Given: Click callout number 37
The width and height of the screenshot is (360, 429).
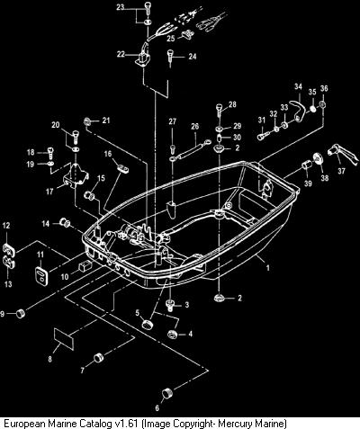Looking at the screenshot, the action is click(341, 171).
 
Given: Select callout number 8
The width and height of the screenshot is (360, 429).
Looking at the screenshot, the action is click(49, 359).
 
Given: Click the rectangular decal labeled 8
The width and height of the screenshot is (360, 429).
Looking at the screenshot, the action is click(64, 339).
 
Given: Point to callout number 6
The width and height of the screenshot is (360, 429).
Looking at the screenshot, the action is click(157, 408).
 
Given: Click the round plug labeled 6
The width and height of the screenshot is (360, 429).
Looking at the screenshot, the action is click(166, 393).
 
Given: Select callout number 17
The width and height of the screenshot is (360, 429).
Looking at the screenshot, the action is click(49, 192).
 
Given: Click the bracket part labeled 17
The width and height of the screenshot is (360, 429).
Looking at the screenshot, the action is click(76, 176).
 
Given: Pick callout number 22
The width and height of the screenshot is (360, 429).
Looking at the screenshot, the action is click(121, 55).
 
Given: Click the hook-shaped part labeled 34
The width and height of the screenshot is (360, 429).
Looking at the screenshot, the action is click(298, 109).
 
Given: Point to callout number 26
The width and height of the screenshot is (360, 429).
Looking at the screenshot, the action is click(195, 126).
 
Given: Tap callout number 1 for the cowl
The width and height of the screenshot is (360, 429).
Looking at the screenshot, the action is click(268, 268).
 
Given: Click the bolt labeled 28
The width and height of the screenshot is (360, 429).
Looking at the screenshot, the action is click(220, 111).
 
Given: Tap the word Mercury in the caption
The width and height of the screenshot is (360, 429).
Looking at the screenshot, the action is click(233, 424).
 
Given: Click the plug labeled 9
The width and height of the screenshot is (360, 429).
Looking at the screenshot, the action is click(20, 314).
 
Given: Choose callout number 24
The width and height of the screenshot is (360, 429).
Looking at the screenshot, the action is click(193, 56).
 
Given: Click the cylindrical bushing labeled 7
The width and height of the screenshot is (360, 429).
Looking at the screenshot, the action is click(98, 358).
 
